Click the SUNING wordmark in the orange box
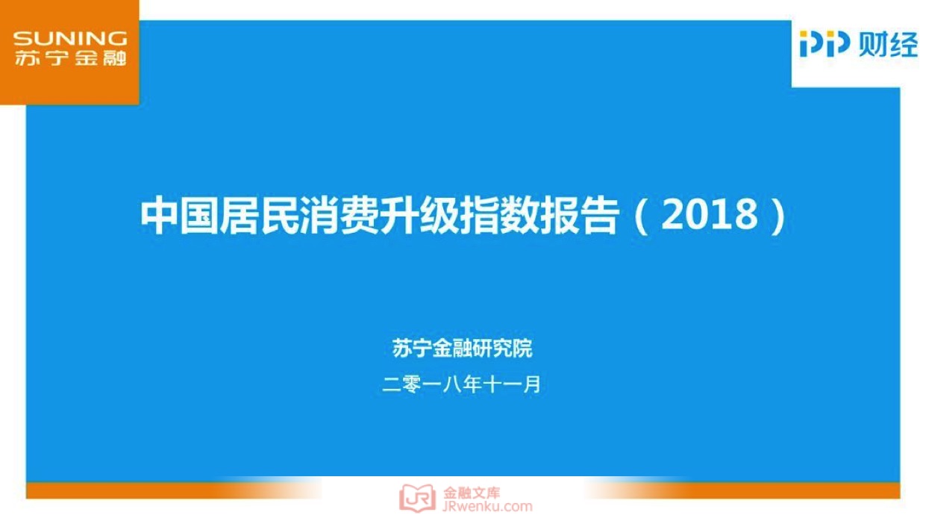click(x=70, y=39)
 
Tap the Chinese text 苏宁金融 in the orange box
click(x=71, y=58)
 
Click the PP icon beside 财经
click(x=825, y=43)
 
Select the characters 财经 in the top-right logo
click(x=888, y=44)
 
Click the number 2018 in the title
click(x=709, y=214)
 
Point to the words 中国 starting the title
click(x=179, y=215)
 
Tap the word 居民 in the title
click(x=260, y=215)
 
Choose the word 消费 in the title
click(x=340, y=215)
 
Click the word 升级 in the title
click(x=419, y=215)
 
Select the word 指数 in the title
click(x=499, y=215)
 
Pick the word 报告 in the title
click(x=579, y=215)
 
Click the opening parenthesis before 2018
click(x=641, y=216)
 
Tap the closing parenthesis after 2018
click(x=779, y=216)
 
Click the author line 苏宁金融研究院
click(x=462, y=348)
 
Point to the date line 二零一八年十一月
click(x=461, y=384)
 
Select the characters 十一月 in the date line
click(x=511, y=384)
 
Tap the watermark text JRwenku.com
click(x=487, y=507)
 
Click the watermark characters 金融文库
click(x=472, y=493)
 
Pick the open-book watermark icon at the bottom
click(x=417, y=498)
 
